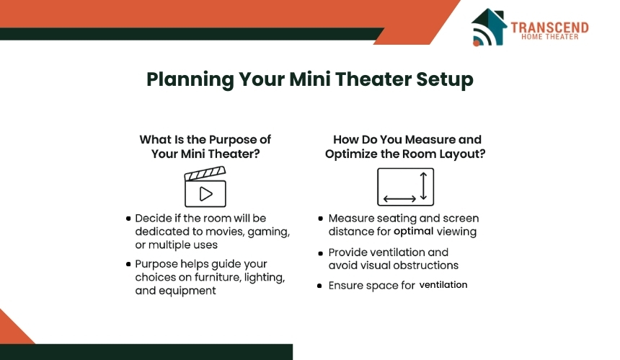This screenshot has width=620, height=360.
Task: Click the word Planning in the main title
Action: pos(190,79)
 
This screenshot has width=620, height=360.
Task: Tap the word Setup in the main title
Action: pos(444,79)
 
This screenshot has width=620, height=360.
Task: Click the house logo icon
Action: pos(489,27)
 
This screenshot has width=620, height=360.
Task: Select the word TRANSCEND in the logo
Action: pos(549,27)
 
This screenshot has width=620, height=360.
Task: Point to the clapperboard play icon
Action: pos(205,186)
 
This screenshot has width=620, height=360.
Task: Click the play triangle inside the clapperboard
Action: pos(205,194)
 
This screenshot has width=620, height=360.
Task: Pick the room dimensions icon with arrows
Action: pos(405,187)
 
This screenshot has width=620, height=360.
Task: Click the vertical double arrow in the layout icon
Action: pos(423,185)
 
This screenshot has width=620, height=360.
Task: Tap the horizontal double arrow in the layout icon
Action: pos(399,198)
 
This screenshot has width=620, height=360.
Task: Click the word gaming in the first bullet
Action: pos(268,232)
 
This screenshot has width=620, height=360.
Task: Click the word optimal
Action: pos(413,232)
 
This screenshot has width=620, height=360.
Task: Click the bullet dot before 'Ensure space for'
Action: pos(319,286)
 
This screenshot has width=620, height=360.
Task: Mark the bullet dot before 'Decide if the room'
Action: pos(128,219)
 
